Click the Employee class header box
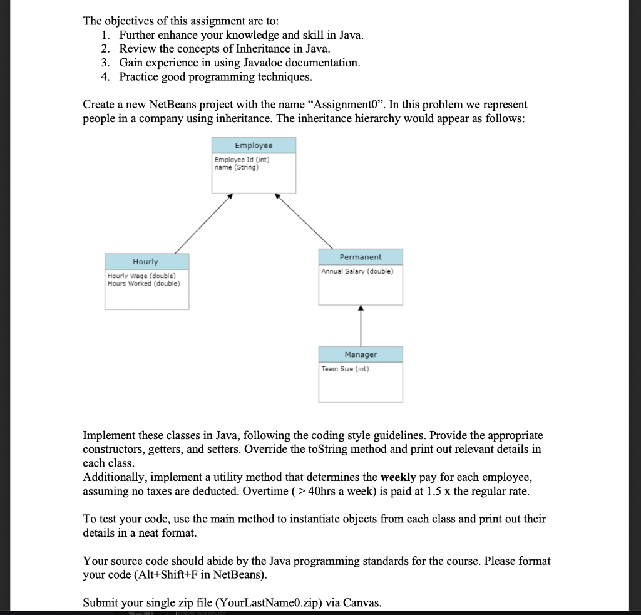coord(254,145)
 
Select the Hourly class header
coord(146,261)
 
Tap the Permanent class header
coord(361,257)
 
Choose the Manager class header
coord(361,354)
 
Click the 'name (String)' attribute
coord(236,167)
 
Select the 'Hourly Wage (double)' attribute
coord(141,276)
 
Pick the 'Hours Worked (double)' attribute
coord(143,283)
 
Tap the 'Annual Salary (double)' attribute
coord(357,271)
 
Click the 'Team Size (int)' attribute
coord(345,369)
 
